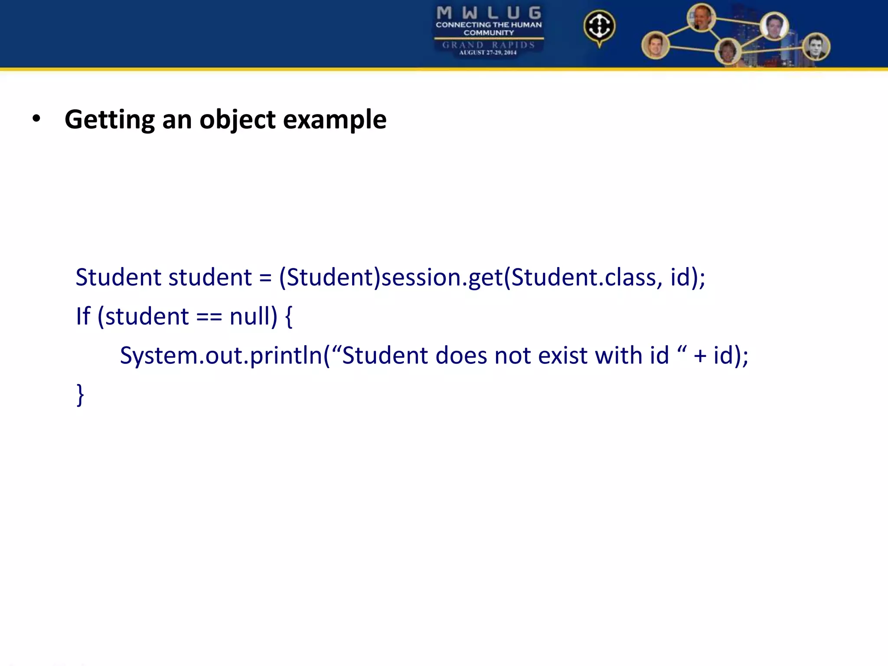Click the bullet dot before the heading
[x=36, y=119]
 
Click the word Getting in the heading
[x=109, y=120]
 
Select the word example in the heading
[x=334, y=120]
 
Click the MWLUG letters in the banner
[x=489, y=13]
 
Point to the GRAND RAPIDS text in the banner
[x=489, y=45]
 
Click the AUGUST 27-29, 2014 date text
[x=488, y=52]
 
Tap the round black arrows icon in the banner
[x=599, y=26]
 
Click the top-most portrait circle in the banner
[x=701, y=18]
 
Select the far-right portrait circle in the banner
[x=816, y=47]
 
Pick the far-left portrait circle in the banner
[x=655, y=46]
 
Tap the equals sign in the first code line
[x=265, y=278]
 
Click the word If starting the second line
[x=83, y=316]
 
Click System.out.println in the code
[x=221, y=356]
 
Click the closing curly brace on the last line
[x=80, y=395]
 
